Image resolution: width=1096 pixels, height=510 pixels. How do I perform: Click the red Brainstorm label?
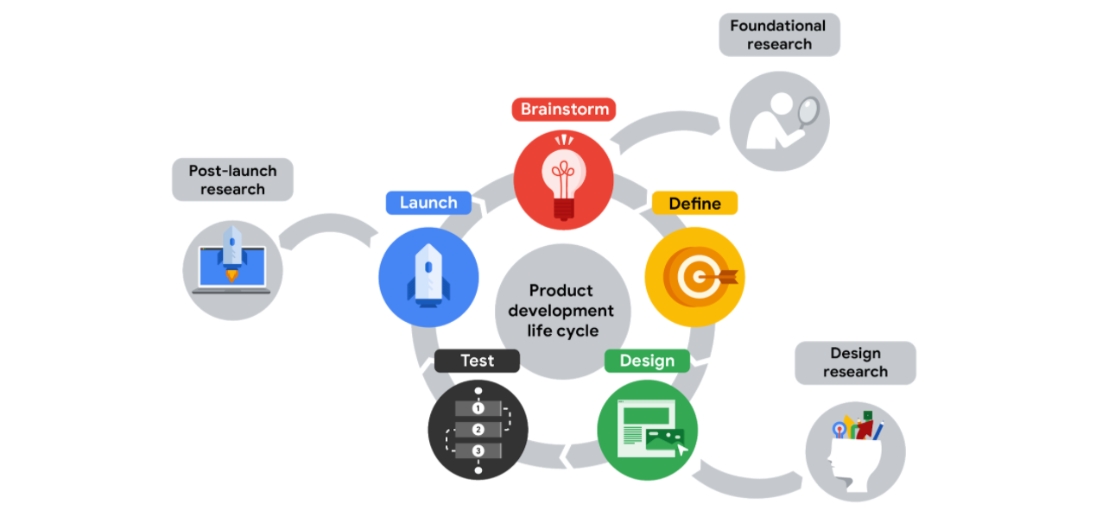[x=564, y=110]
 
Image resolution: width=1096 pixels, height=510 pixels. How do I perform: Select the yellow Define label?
[x=694, y=203]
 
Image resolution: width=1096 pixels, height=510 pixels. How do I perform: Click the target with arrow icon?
[x=695, y=277]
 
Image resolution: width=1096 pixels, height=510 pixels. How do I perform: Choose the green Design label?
[x=647, y=361]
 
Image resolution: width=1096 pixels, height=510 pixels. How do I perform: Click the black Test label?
[x=477, y=361]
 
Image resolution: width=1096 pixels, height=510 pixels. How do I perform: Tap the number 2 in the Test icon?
[x=478, y=430]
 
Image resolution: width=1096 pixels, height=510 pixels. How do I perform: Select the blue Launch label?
[x=428, y=203]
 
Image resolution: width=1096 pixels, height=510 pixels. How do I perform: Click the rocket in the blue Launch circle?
[x=428, y=275]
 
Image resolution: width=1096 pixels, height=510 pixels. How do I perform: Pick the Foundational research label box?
[x=779, y=35]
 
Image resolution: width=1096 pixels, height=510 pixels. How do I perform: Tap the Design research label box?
[x=855, y=362]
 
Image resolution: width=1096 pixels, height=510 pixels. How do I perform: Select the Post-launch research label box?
[x=232, y=179]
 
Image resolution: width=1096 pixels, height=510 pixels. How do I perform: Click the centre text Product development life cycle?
[x=561, y=311]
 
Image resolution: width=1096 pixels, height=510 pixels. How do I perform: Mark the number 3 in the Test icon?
[x=478, y=451]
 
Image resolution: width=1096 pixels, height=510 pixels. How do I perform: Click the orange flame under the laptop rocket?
[x=231, y=276]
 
